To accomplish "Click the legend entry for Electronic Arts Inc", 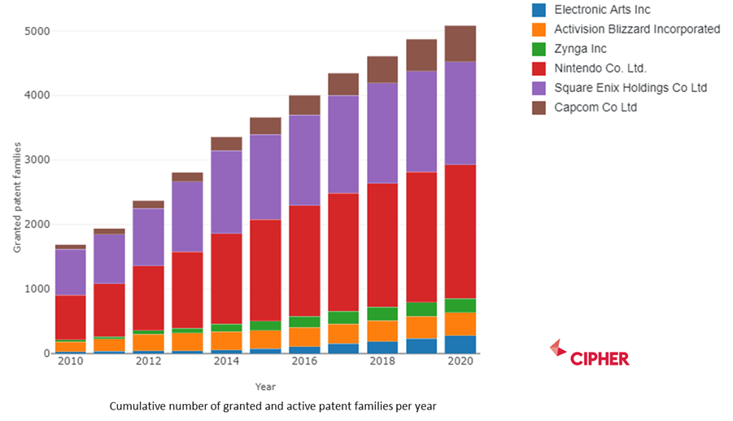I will (x=602, y=10).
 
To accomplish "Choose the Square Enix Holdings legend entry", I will (x=630, y=88).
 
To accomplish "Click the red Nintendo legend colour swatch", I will (x=539, y=68).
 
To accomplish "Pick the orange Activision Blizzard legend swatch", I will (x=539, y=29).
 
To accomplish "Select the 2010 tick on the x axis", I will (x=70, y=362).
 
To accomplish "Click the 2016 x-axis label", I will (x=304, y=362).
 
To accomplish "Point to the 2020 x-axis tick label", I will (x=460, y=362).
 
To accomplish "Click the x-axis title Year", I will (x=265, y=387).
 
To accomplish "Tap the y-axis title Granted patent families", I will (x=17, y=195).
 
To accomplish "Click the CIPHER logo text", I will (x=600, y=359).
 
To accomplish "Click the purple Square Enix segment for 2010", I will (x=70, y=272).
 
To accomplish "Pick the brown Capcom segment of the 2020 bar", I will (x=460, y=43).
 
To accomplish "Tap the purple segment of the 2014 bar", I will (x=226, y=192).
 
